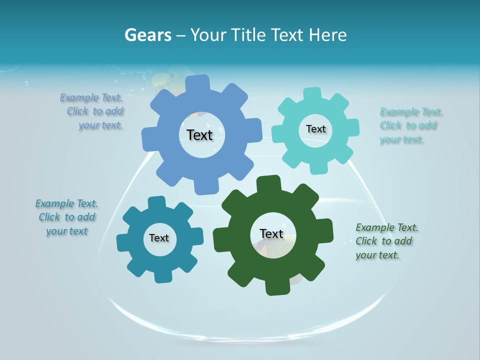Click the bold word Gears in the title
147,35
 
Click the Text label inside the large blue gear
199,135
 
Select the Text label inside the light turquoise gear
315,129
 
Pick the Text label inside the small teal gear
159,238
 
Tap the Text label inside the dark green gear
271,233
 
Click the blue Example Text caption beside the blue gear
92,111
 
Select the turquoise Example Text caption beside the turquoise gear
410,125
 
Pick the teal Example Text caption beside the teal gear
66,217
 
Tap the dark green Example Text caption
386,241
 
